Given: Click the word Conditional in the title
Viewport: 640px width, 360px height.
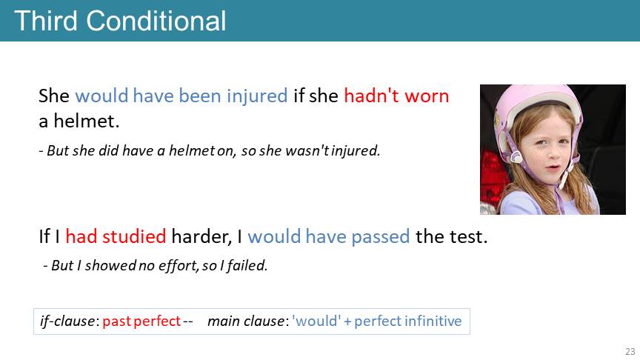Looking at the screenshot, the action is point(156,21).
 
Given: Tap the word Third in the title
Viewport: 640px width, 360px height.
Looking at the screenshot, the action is point(46,21).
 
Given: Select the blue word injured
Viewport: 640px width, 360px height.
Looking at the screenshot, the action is point(257,96).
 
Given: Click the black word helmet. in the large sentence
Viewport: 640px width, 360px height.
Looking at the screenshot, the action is point(87,121).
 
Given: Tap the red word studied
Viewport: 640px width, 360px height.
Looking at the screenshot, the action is point(134,236).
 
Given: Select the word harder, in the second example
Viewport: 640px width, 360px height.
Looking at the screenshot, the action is point(201,237).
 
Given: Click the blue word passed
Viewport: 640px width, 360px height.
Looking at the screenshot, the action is point(381,237).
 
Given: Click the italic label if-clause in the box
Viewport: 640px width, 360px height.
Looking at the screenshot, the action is point(67,321).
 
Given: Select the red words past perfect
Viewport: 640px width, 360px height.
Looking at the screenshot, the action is point(141,321).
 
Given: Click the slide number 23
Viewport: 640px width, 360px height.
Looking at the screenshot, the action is point(630,351).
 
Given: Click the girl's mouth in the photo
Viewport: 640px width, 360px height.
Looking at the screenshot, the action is point(553,168).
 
